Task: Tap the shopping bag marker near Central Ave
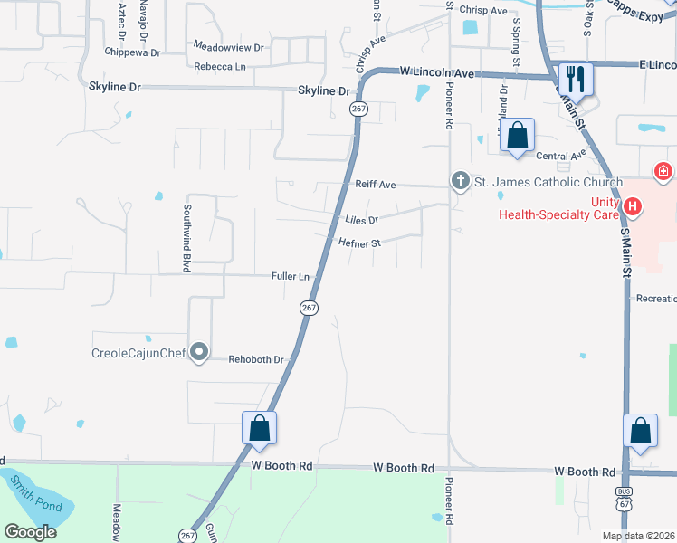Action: click(x=517, y=136)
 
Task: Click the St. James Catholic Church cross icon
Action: click(x=461, y=182)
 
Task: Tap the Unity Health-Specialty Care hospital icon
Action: click(x=634, y=207)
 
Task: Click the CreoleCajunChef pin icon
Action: click(x=200, y=352)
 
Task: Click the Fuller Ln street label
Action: click(x=291, y=276)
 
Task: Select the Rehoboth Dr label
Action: click(x=256, y=359)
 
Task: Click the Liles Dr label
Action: click(x=361, y=220)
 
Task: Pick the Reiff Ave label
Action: click(x=375, y=185)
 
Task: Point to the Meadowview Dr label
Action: click(x=228, y=46)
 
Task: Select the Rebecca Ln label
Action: click(x=219, y=67)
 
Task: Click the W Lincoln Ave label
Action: click(x=436, y=71)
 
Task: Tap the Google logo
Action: click(x=31, y=532)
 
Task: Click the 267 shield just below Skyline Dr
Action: click(x=358, y=109)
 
